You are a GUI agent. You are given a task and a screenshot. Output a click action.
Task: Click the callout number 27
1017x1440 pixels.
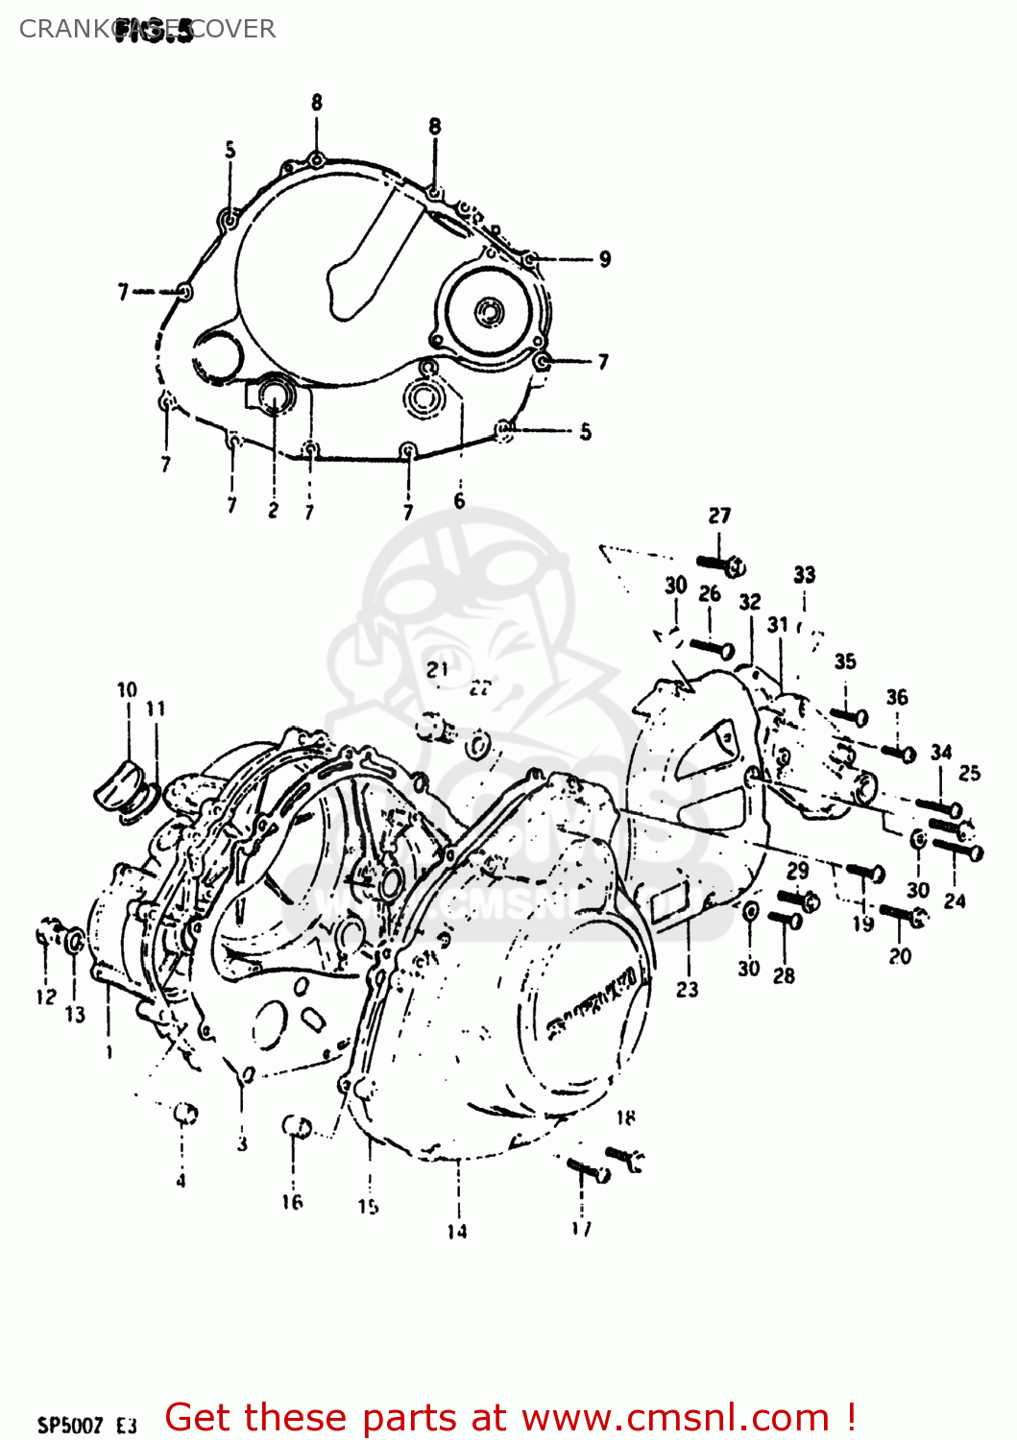point(719,516)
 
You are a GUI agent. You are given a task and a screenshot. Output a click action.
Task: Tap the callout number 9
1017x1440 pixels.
point(604,259)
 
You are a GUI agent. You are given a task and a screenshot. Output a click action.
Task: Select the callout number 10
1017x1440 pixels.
point(127,689)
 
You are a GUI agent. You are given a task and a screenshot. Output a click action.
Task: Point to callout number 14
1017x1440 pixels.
point(456,1231)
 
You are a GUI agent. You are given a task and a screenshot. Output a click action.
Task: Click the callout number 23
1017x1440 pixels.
point(687,989)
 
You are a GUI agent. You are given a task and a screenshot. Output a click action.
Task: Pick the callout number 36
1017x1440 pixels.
point(896,697)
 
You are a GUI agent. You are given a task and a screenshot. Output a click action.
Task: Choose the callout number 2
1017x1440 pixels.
point(273,510)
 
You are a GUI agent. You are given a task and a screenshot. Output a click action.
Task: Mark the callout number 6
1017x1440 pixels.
point(459,501)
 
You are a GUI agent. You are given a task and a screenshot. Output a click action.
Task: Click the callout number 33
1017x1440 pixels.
point(804,574)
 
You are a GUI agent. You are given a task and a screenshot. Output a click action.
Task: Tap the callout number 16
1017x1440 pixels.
point(292,1201)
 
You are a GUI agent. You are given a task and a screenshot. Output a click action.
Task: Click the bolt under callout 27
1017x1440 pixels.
point(720,565)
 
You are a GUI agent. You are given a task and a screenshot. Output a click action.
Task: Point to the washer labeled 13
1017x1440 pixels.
point(74,942)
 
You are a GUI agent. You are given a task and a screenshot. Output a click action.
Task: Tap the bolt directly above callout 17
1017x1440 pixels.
point(586,1169)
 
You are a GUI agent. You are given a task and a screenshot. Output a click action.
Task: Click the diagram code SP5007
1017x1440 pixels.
point(69,1425)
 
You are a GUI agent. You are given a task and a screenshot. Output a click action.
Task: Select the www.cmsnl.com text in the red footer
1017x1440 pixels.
point(675,1417)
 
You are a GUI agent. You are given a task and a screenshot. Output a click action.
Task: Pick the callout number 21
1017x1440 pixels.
point(437,669)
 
